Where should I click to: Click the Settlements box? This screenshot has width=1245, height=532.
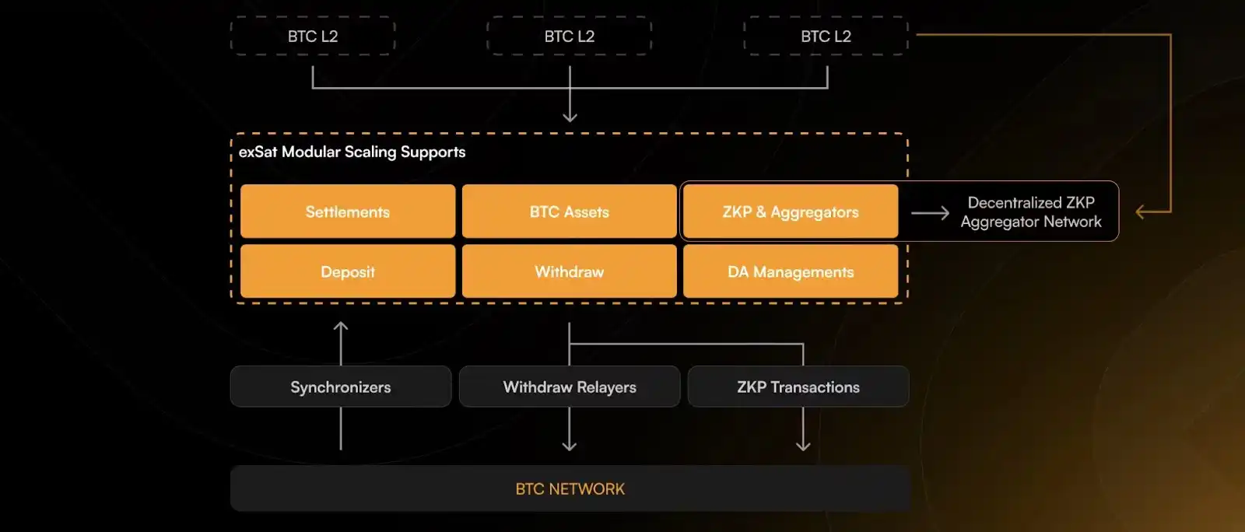click(348, 212)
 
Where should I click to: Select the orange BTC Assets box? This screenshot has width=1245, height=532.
click(569, 212)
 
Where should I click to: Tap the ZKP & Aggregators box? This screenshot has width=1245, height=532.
click(791, 212)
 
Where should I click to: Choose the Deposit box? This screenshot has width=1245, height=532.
click(348, 271)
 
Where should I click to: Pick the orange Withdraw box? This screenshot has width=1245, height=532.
click(569, 271)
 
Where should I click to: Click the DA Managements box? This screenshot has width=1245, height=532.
click(791, 271)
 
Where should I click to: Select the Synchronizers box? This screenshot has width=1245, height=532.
click(341, 387)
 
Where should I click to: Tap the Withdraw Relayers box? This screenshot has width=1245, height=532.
click(570, 387)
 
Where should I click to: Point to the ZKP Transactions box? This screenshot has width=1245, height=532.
click(798, 387)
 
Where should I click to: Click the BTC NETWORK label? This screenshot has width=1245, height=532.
click(570, 489)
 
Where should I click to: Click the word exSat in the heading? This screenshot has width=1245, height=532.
click(258, 152)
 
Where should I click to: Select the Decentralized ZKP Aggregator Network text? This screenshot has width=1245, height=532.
click(1031, 212)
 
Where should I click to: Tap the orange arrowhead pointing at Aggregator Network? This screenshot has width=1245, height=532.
click(1141, 212)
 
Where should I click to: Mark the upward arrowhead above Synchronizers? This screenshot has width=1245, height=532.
click(341, 327)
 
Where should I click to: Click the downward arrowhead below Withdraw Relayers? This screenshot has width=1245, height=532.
click(570, 446)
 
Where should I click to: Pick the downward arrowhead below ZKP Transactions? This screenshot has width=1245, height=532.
click(803, 446)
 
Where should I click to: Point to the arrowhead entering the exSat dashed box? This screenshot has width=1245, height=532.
click(570, 117)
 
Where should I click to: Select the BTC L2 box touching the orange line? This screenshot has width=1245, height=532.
click(826, 36)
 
